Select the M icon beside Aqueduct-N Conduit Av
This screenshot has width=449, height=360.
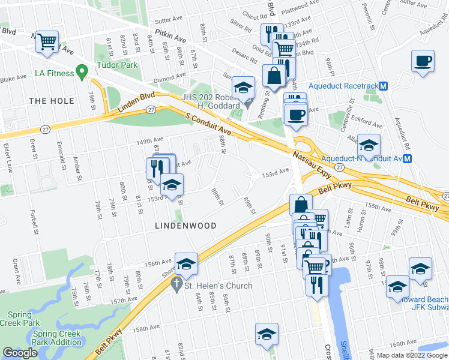point(407,158)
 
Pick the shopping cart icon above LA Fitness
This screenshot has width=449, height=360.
point(47,41)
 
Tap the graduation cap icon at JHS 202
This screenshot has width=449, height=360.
point(243,88)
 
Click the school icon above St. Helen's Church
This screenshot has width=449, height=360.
point(186,264)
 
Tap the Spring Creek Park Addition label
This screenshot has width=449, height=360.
point(58,338)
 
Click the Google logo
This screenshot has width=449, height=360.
point(20,353)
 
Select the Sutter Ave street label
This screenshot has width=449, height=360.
point(152,20)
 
